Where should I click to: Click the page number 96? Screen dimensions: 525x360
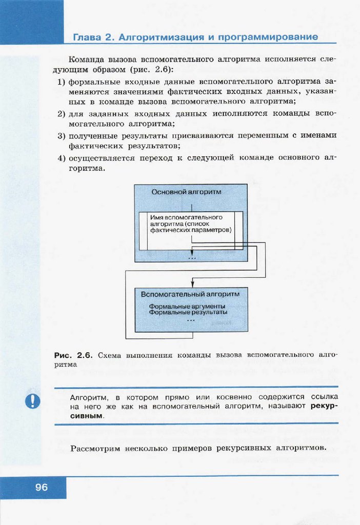click(42, 487)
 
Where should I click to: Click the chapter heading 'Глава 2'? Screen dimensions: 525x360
click(93, 37)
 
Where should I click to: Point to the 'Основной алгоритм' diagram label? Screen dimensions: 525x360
click(186, 192)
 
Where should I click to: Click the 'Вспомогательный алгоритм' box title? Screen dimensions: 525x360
click(190, 294)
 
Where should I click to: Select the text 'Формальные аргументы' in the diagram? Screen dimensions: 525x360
click(187, 306)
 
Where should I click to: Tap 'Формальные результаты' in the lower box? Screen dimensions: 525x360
click(188, 312)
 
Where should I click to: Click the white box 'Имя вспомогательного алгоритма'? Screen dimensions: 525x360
click(190, 224)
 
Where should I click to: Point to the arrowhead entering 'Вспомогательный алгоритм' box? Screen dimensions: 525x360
click(192, 284)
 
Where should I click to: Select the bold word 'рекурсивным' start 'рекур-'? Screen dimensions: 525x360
click(324, 406)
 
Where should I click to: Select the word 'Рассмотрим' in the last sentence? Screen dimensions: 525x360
click(94, 449)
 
